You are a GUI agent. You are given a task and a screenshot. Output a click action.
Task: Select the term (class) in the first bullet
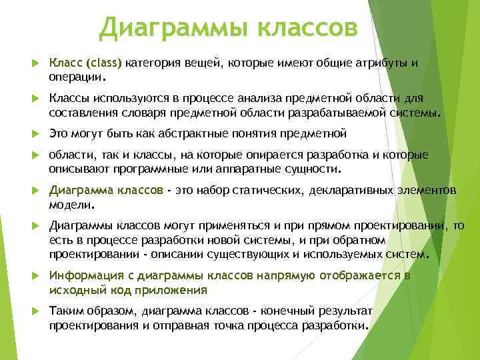[101, 63]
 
